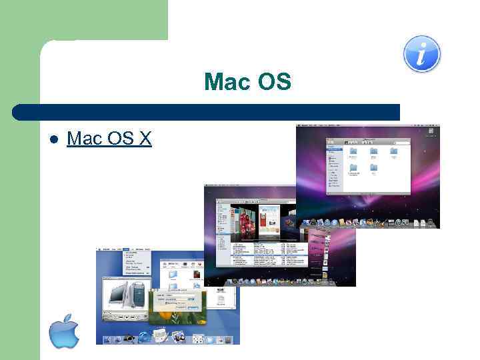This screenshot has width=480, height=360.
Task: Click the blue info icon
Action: pyautogui.click(x=422, y=53)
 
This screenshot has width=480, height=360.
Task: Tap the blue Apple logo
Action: pyautogui.click(x=64, y=331)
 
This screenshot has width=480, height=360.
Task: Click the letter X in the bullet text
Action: pyautogui.click(x=145, y=139)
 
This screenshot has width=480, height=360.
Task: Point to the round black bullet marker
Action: pyautogui.click(x=55, y=139)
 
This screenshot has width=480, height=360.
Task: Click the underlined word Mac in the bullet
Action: pyautogui.click(x=83, y=139)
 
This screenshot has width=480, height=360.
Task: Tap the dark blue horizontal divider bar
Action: pyautogui.click(x=207, y=111)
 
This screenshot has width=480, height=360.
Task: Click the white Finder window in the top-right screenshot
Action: pyautogui.click(x=377, y=167)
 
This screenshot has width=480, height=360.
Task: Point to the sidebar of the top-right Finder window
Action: pyautogui.click(x=334, y=167)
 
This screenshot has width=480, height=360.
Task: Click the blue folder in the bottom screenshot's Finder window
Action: pyautogui.click(x=172, y=273)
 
